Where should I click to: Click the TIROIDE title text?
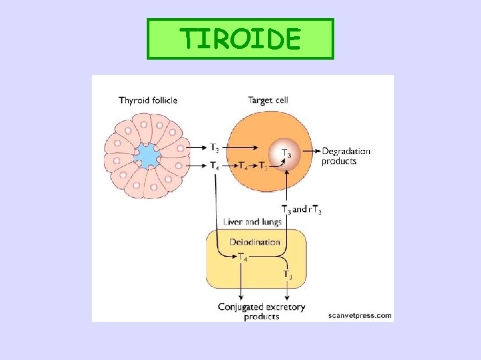point(240,40)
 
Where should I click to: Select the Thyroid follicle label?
point(148,101)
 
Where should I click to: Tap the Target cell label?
point(269,101)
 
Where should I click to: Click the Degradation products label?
point(346,156)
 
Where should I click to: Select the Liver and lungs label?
point(252,222)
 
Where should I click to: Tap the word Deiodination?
point(255,241)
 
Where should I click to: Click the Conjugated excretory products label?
point(261,311)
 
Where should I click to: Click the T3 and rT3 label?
point(301,210)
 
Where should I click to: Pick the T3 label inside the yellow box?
point(287,274)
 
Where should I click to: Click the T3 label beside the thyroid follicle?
point(214,147)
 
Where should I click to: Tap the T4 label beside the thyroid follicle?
point(214,165)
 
